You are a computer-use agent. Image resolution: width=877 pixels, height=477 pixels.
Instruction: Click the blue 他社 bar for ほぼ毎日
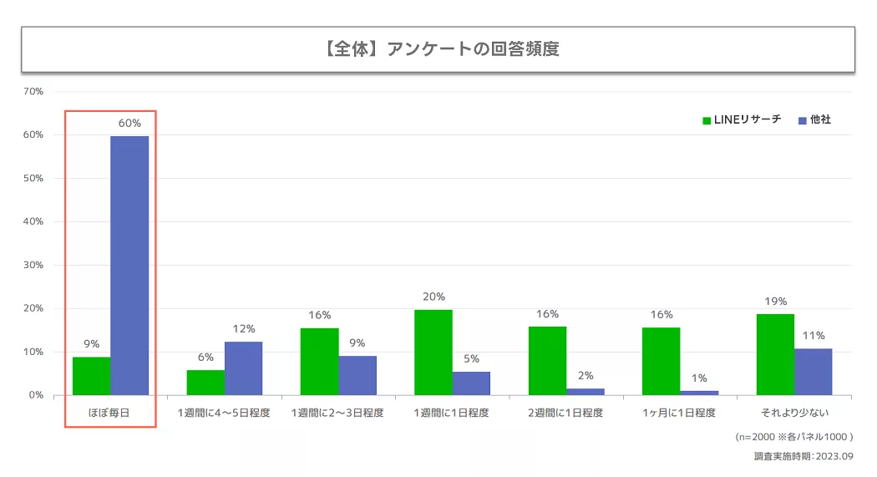point(129,265)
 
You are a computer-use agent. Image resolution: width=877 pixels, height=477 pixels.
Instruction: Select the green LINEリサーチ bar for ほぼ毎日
point(91,376)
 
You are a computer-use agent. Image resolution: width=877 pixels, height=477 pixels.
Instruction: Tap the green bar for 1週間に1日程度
point(433,352)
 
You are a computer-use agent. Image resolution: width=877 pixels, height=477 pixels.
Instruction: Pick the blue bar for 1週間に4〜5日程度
point(243,368)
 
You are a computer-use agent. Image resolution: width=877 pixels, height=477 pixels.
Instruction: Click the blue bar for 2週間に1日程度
point(586,391)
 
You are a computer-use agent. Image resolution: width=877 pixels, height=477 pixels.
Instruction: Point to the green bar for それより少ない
point(775,354)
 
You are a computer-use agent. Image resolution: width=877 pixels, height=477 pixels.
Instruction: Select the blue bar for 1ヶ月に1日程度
point(699,392)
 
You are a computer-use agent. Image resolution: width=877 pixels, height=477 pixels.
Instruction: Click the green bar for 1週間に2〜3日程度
point(319,361)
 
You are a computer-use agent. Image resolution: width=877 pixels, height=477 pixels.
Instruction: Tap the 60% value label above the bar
point(129,124)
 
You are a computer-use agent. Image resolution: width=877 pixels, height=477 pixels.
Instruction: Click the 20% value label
point(433,297)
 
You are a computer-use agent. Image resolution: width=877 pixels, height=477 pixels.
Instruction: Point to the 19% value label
point(775,302)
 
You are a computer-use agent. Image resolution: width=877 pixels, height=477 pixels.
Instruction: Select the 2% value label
point(586,375)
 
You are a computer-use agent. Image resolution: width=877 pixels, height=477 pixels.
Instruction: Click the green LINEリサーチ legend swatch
point(707,120)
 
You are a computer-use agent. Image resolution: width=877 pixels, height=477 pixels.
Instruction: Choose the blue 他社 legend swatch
point(803,120)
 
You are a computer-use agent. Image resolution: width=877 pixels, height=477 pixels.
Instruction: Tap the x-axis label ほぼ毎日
point(109,413)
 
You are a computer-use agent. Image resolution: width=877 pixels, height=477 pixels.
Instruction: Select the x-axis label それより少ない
point(793,413)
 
